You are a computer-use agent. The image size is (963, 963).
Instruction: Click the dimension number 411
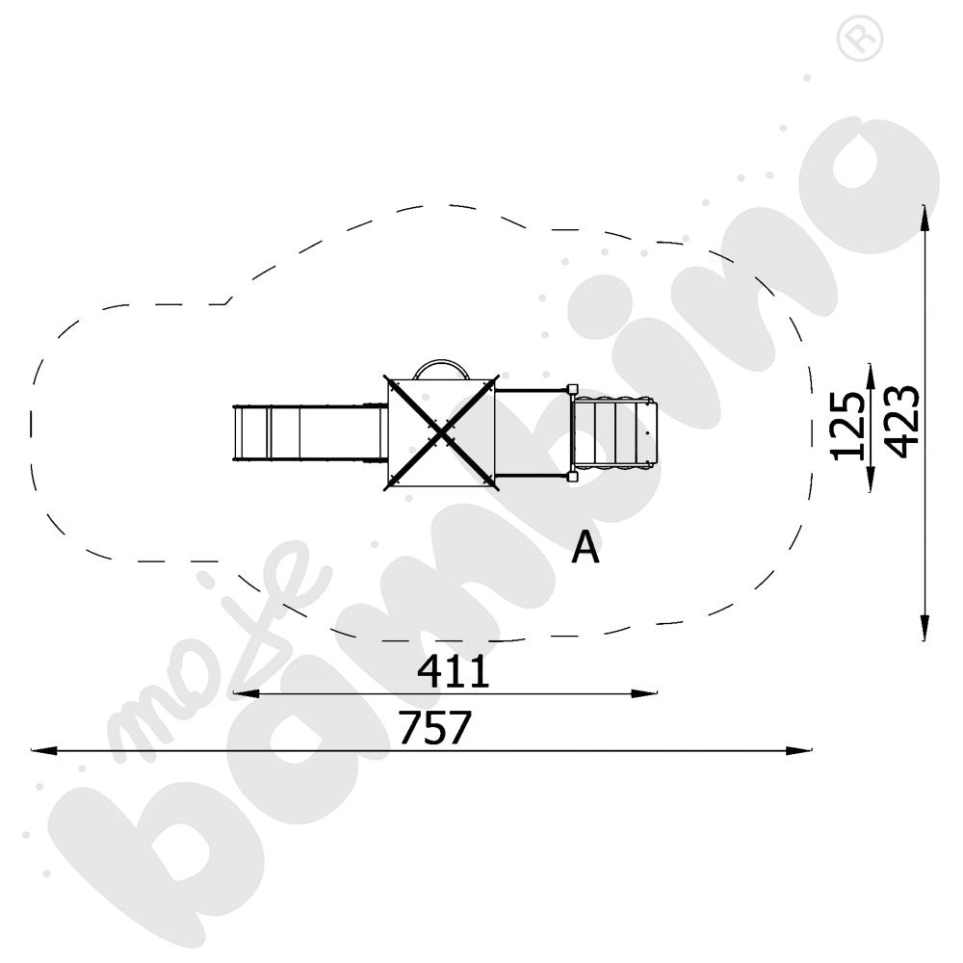click(454, 671)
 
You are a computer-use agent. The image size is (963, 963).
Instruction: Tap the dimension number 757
click(435, 727)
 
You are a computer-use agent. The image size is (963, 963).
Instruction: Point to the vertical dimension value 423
click(903, 422)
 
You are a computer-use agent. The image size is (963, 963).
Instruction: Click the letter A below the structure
click(585, 547)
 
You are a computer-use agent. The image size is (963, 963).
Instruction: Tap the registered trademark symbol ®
click(860, 39)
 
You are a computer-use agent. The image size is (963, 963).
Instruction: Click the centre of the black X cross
click(441, 433)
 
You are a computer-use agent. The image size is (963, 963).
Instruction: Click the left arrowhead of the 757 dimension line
click(43, 750)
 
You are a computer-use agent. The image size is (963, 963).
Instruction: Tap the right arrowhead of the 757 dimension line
click(798, 750)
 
